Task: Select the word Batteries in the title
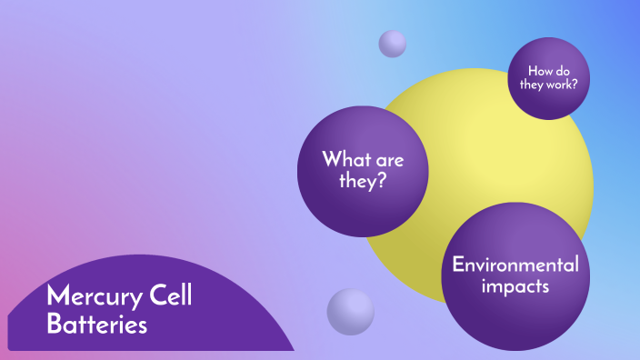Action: coord(96,325)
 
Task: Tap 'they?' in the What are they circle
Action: coord(364,182)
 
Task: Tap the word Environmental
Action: coord(515,265)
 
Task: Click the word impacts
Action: coord(515,287)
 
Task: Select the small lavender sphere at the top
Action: coord(393,43)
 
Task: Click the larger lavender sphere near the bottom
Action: coord(350,311)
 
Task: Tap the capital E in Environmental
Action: coord(458,265)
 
